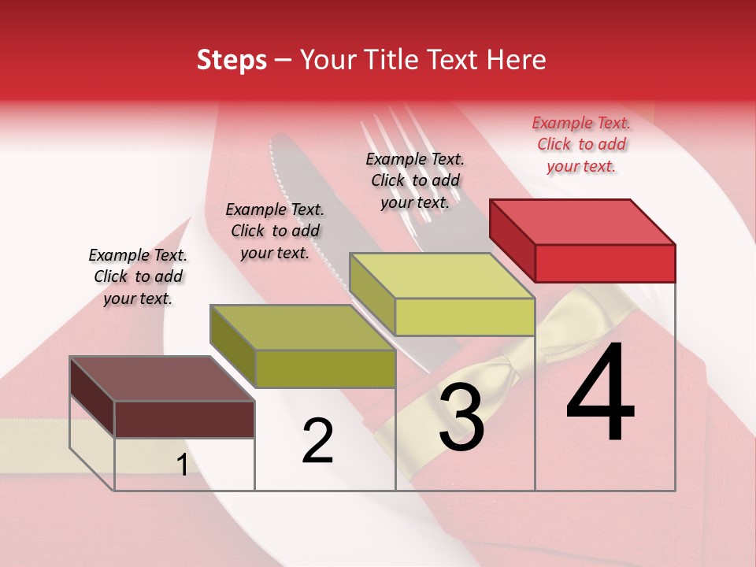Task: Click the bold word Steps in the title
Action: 232,60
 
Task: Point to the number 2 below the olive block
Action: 317,441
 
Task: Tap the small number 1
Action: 182,465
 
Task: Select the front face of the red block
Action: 605,263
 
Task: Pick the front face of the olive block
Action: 325,369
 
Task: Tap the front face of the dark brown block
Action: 184,419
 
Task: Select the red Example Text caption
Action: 581,144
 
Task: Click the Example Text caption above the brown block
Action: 138,276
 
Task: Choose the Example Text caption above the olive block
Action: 275,231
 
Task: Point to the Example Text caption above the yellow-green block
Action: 415,180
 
